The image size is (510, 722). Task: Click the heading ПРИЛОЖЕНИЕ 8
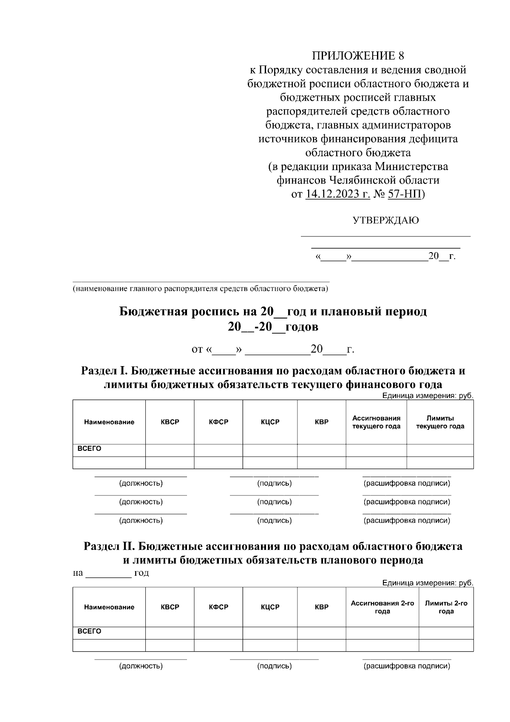click(358, 56)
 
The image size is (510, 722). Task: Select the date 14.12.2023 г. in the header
click(337, 194)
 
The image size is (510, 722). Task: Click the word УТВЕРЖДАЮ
click(385, 220)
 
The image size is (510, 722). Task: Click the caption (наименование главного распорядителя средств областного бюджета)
click(200, 289)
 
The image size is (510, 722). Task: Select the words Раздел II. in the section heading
click(109, 546)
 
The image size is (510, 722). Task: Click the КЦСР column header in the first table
click(270, 422)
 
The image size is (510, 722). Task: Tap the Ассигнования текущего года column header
click(376, 422)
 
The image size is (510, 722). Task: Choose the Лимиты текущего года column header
click(440, 422)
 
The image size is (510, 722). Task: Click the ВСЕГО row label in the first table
click(89, 449)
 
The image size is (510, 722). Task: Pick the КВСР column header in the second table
click(170, 607)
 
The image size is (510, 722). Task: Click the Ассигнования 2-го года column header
click(382, 607)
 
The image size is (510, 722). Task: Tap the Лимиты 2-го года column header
click(446, 607)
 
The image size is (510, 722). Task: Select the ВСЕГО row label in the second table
click(89, 631)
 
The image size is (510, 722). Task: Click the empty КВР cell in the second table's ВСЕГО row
click(321, 633)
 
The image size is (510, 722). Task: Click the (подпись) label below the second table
click(274, 666)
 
